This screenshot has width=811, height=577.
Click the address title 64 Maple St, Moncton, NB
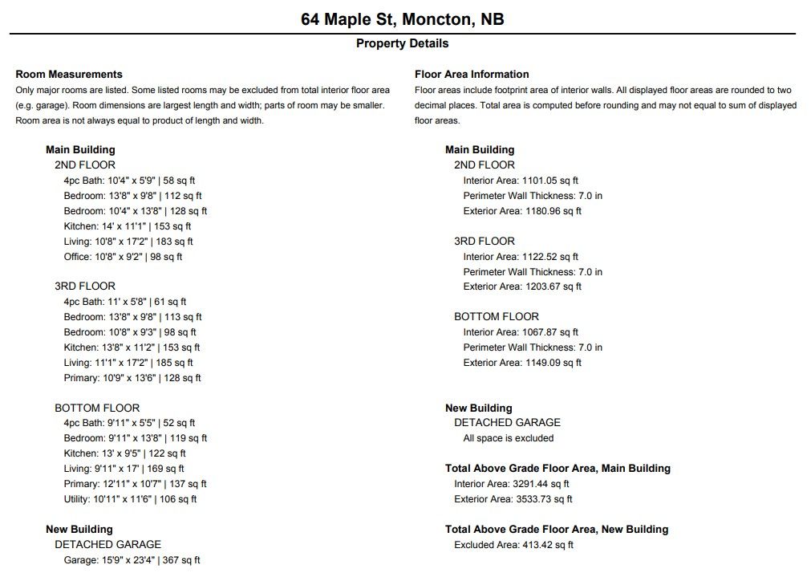click(x=403, y=18)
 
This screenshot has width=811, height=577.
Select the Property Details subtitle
click(x=403, y=43)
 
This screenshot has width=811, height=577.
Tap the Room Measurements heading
click(x=69, y=74)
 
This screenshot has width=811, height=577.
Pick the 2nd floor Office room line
click(x=123, y=257)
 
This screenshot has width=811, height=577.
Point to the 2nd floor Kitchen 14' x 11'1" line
click(x=128, y=226)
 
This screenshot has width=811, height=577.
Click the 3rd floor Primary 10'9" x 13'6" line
click(x=132, y=378)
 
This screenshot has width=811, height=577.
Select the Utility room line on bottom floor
click(x=130, y=499)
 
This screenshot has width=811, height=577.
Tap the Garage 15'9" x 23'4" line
click(x=132, y=560)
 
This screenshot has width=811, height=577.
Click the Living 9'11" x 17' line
click(x=124, y=469)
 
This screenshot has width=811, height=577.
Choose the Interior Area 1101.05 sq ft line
click(x=521, y=181)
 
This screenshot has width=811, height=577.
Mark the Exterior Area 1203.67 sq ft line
click(x=522, y=286)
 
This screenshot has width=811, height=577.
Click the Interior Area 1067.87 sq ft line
click(x=521, y=332)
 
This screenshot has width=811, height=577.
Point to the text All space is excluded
click(x=509, y=438)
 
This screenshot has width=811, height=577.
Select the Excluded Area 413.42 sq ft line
click(x=514, y=545)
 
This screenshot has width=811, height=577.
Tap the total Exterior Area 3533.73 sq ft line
click(x=513, y=499)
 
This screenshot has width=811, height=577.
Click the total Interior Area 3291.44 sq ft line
click(x=512, y=484)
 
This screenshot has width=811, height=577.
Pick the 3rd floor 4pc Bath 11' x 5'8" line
click(x=125, y=302)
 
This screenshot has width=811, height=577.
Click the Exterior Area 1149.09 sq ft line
click(x=522, y=363)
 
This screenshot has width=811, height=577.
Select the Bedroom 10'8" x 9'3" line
click(x=130, y=332)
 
